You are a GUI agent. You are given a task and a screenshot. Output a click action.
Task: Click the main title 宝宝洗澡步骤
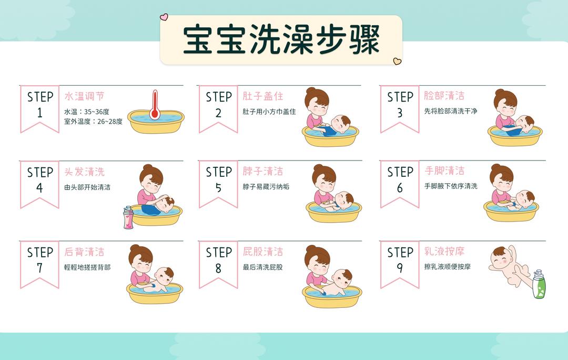click(281, 39)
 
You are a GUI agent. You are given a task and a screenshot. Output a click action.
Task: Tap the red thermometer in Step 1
click(154, 105)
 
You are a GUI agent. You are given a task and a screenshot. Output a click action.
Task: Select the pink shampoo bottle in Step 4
click(128, 217)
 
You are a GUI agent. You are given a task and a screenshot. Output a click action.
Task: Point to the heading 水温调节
click(84, 96)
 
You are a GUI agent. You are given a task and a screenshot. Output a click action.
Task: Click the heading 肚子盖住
click(262, 96)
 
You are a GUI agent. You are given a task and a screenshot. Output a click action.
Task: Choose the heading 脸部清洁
click(444, 96)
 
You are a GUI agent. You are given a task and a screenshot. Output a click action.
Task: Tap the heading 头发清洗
click(84, 172)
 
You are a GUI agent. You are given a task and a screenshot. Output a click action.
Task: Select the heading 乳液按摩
click(444, 251)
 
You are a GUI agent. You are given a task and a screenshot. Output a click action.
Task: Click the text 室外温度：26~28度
click(93, 122)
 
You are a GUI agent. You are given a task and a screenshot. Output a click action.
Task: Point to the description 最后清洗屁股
click(262, 267)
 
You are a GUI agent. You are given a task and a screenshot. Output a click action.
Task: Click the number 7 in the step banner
click(40, 268)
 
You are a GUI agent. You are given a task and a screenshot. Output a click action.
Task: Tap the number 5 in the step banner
click(218, 188)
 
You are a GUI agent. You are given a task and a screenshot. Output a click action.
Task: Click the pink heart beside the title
click(164, 17)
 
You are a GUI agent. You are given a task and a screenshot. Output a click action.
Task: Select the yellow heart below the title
click(397, 62)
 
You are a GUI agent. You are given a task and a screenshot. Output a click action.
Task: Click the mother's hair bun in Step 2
click(311, 91)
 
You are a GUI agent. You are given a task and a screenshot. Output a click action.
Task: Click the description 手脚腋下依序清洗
click(451, 186)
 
